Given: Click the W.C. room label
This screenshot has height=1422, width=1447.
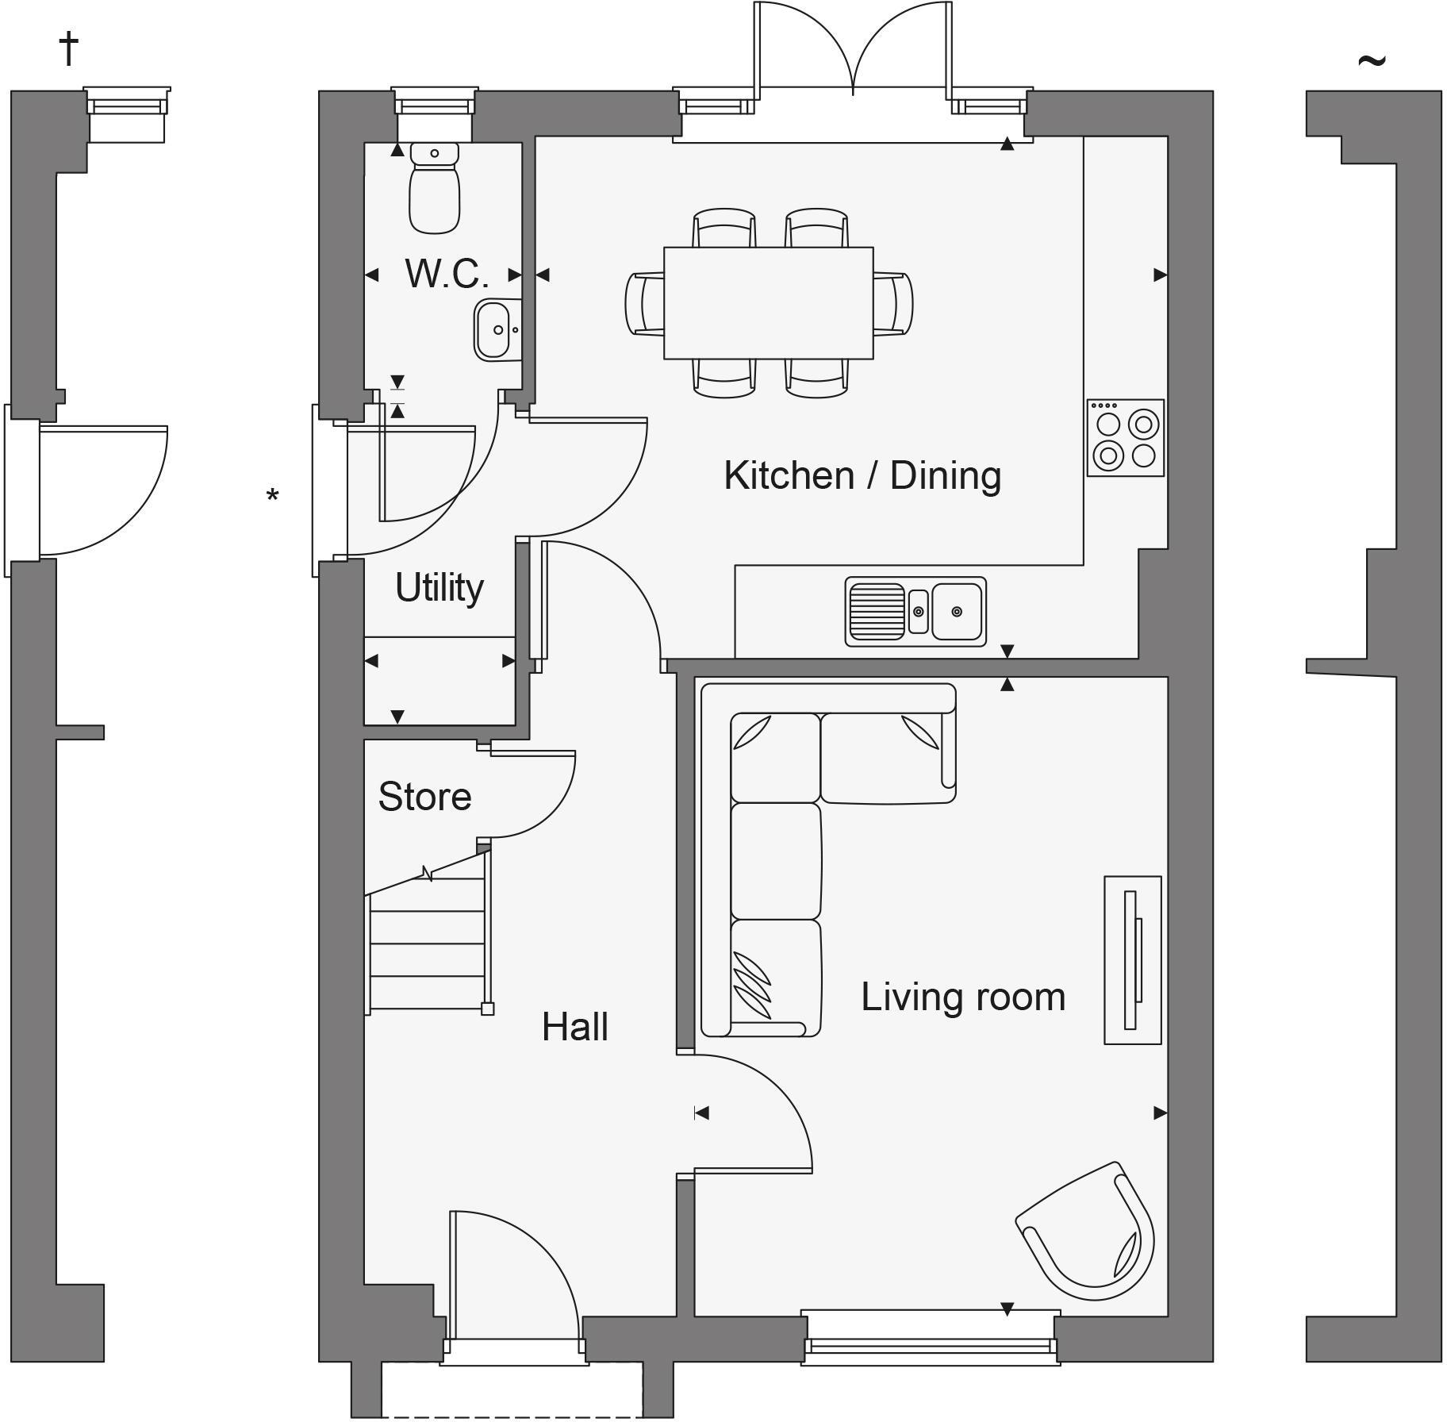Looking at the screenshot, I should [x=446, y=274].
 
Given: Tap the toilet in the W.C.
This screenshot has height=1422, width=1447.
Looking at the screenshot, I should [x=435, y=190].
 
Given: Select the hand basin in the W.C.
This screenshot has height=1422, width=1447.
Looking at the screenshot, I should [x=497, y=329].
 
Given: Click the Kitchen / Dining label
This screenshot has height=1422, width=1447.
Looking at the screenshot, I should [x=862, y=475].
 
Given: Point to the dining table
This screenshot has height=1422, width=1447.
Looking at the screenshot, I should [x=768, y=303].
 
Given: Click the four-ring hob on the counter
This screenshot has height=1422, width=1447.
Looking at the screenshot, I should [x=1125, y=438].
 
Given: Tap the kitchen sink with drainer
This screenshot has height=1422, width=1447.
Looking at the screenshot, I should [x=915, y=611].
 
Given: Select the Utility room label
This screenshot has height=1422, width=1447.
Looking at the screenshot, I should [x=439, y=588].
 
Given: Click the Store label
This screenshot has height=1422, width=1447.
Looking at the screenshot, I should [x=424, y=797].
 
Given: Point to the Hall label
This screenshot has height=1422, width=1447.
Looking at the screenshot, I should [x=574, y=1028].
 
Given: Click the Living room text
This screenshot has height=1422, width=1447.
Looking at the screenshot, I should [x=962, y=997].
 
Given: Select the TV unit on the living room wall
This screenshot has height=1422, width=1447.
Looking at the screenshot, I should [x=1132, y=960].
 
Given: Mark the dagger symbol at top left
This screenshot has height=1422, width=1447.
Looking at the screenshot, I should [x=69, y=49].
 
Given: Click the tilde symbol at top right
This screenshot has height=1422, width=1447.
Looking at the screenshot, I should [x=1372, y=60].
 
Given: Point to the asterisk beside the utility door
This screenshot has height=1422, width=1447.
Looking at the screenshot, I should [x=272, y=497].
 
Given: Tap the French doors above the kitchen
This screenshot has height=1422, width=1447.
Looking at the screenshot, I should [x=853, y=48].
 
